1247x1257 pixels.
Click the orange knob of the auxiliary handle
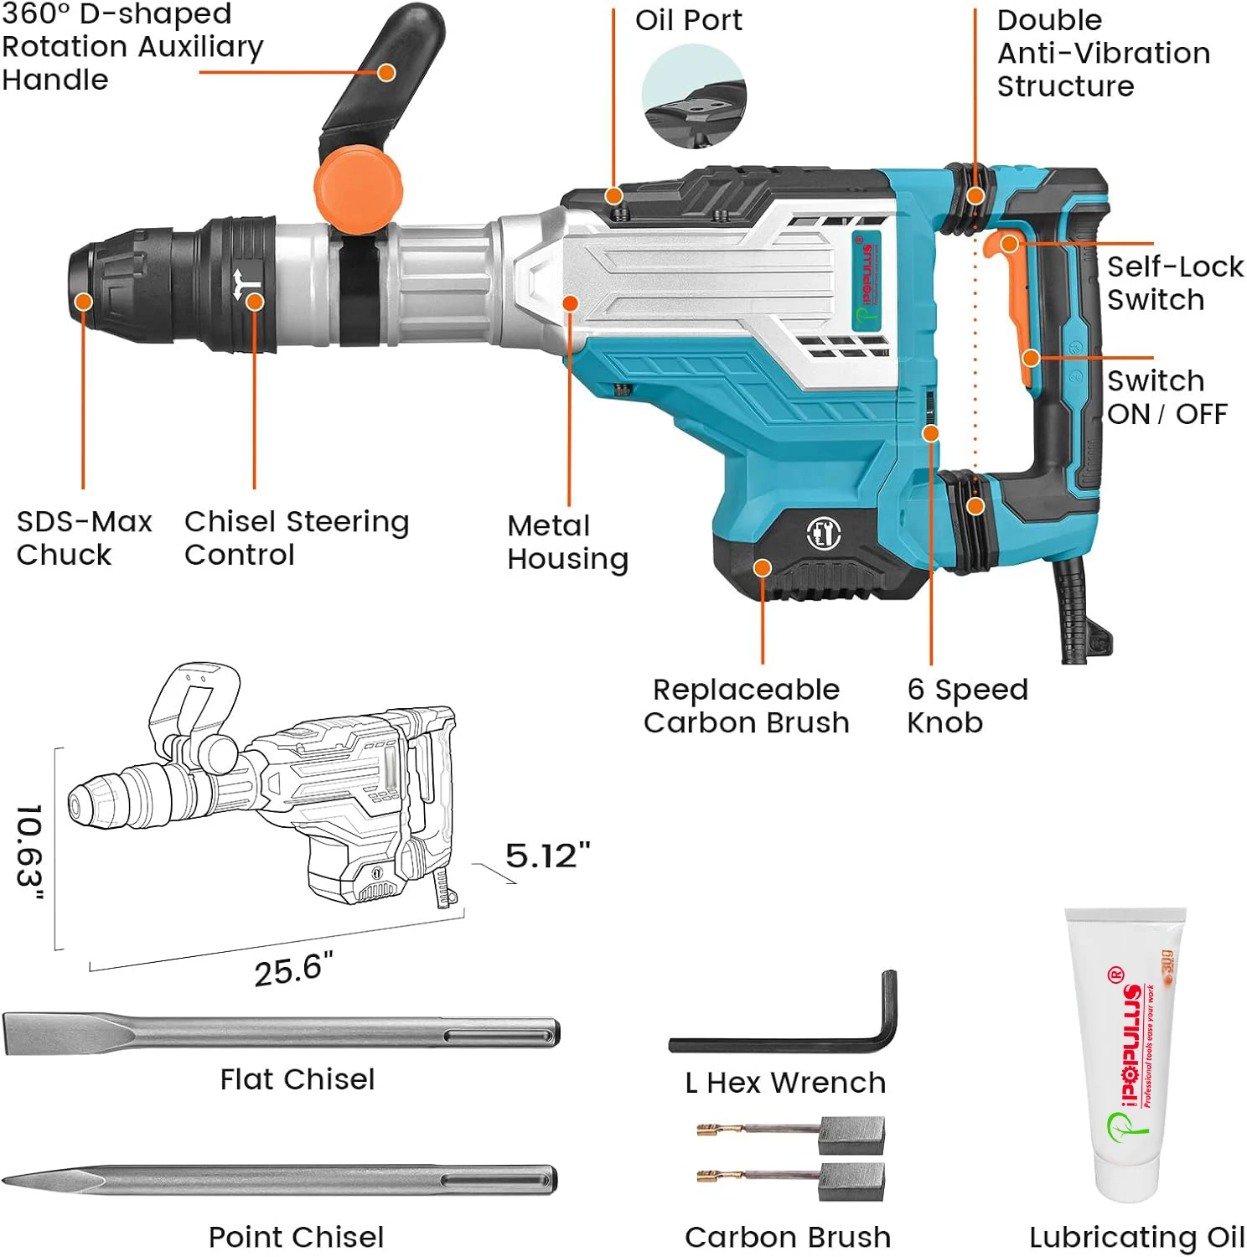click(358, 186)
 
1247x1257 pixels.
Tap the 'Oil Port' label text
click(688, 20)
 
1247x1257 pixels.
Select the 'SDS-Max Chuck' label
click(83, 538)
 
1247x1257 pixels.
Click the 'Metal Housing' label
click(567, 542)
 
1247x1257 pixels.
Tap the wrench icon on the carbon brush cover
click(823, 533)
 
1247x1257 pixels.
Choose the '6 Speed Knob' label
click(966, 706)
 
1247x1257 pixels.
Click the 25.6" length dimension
click(293, 970)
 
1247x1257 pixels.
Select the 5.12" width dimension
click(547, 856)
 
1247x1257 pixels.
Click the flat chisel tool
click(281, 1032)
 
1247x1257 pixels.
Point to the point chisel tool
click(281, 1180)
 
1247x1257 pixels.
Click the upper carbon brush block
click(851, 1135)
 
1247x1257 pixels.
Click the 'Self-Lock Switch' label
click(1174, 283)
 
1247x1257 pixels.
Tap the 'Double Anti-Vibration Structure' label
click(1102, 53)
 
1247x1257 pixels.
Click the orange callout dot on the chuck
click(83, 302)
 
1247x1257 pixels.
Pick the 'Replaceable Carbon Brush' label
click(746, 706)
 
